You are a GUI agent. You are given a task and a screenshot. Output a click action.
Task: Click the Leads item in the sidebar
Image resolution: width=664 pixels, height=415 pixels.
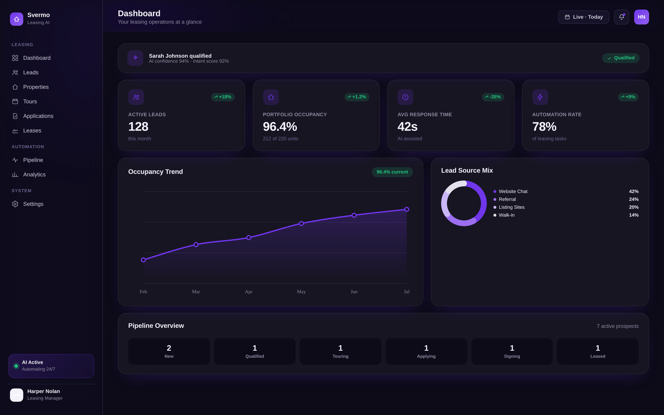(x=30, y=73)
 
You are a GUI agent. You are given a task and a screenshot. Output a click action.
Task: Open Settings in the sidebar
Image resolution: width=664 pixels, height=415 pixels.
(x=33, y=204)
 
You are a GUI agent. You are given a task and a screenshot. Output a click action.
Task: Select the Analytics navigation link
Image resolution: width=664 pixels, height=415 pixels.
(x=34, y=175)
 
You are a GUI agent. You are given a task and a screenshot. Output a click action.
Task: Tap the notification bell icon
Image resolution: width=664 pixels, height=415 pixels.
(x=621, y=17)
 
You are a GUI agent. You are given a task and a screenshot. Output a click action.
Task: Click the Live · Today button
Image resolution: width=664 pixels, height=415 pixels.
(x=583, y=17)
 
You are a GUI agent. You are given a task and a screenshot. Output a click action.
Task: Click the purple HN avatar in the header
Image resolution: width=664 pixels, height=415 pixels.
(x=642, y=17)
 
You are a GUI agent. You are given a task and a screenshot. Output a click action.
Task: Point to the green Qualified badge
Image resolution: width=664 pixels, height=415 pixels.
(x=621, y=58)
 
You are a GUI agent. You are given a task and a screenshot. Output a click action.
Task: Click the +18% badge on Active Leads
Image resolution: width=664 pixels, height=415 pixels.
(x=223, y=97)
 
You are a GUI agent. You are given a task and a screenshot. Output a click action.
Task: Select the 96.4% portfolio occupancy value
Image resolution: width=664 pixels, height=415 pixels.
(x=280, y=127)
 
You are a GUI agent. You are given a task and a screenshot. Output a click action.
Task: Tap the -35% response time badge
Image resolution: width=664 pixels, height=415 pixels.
(x=493, y=97)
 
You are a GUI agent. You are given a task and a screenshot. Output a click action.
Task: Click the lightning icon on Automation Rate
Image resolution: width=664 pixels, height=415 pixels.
(x=540, y=97)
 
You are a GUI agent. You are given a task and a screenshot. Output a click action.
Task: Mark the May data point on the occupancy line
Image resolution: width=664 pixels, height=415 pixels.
(x=301, y=223)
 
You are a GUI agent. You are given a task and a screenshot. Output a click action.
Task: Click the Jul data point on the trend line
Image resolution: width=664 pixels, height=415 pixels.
(x=407, y=209)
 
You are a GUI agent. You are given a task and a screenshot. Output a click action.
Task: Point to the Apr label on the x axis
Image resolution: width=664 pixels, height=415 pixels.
(x=249, y=292)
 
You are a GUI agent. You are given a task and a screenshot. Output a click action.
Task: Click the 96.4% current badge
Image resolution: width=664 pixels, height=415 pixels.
(x=392, y=172)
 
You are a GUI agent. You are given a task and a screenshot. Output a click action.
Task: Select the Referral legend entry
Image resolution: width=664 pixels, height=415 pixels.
(x=507, y=200)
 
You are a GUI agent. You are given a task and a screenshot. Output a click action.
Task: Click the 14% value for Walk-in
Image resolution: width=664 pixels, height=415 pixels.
(x=634, y=215)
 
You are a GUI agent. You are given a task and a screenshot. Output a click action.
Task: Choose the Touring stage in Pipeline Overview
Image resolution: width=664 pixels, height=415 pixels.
(x=340, y=351)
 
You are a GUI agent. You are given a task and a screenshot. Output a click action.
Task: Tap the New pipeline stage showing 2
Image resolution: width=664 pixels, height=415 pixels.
(x=169, y=351)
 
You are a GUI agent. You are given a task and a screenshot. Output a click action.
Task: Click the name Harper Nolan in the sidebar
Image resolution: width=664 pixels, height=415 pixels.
(x=44, y=391)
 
